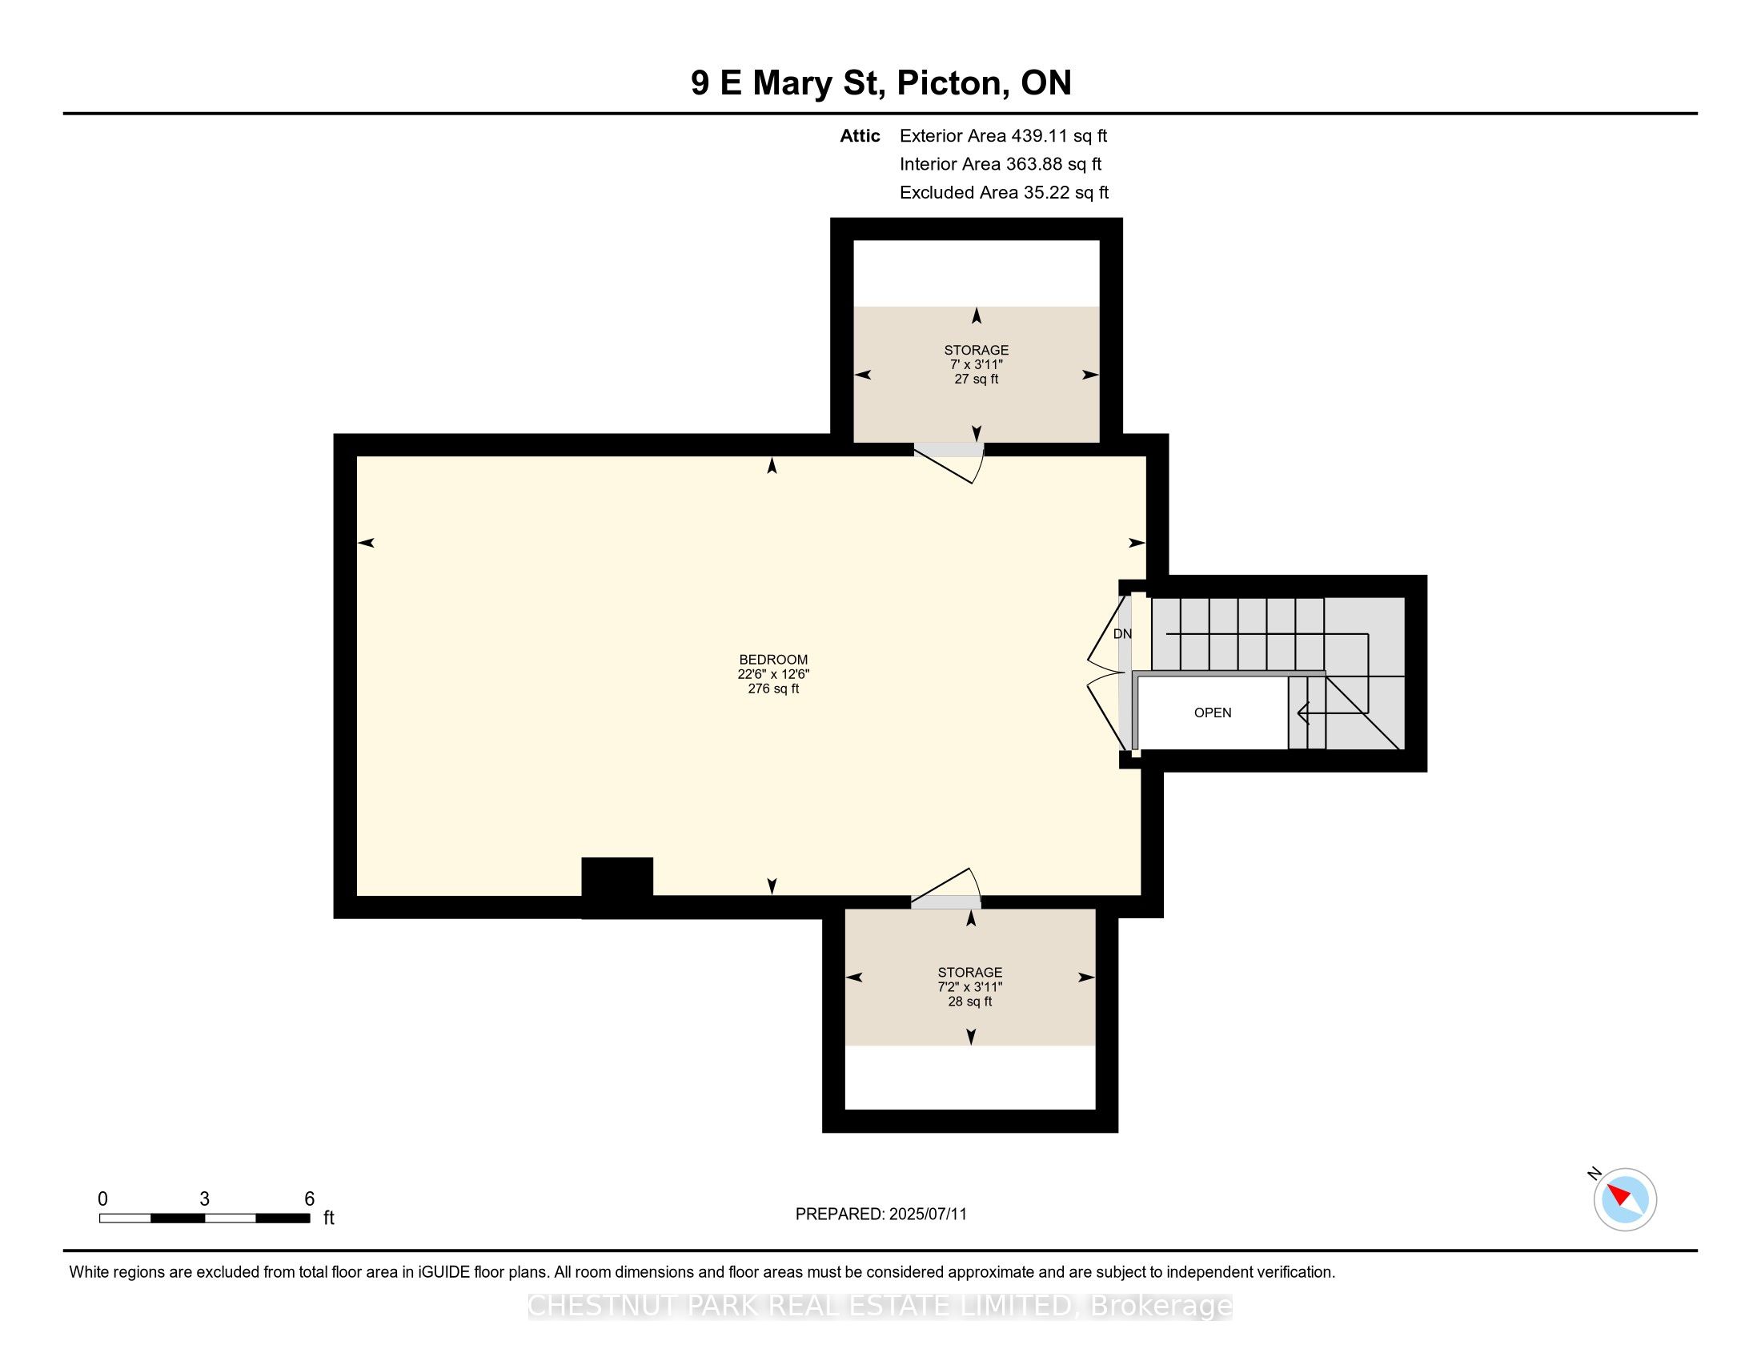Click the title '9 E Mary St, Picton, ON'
(x=880, y=83)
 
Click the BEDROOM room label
(x=773, y=660)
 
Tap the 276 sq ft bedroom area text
(x=773, y=689)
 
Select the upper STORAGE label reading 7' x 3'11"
(x=977, y=364)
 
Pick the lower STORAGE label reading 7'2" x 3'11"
(x=970, y=987)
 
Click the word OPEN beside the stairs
(x=1213, y=713)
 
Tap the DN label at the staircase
(x=1122, y=634)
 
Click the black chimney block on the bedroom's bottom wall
(x=617, y=887)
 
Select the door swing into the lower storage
(x=946, y=887)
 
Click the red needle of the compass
(x=1620, y=1194)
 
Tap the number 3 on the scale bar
(x=205, y=1199)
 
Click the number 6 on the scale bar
(x=310, y=1199)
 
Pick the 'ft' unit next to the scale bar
(x=329, y=1218)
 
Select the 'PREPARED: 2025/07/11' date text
(x=880, y=1214)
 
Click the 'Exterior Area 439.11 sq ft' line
(x=1003, y=135)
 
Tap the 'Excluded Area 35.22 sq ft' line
(x=1004, y=193)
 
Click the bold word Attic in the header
(x=860, y=135)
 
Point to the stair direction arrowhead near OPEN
(x=1302, y=713)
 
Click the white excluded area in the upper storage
(x=977, y=273)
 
